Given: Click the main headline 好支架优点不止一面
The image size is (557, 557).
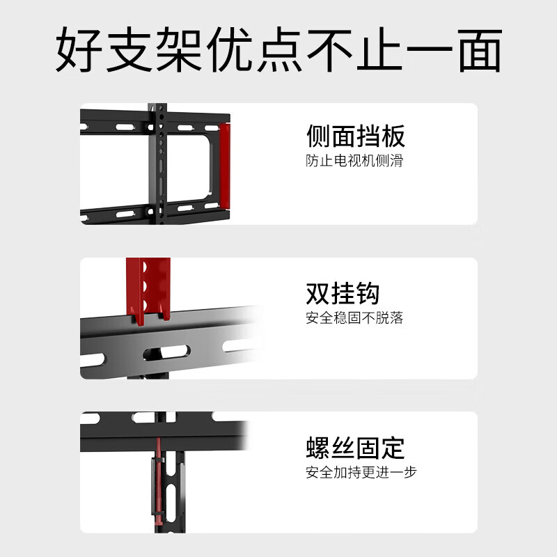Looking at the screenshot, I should pos(278,50).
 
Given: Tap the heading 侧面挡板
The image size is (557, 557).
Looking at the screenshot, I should pos(355,136).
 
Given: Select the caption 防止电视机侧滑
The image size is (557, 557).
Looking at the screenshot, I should pos(354,161).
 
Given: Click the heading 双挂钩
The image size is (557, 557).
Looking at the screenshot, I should pos(343,293).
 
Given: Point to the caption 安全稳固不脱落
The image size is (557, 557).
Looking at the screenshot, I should pos(354,318).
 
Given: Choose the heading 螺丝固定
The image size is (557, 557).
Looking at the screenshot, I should pos(355,447).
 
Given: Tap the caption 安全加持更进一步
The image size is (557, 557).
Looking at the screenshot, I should pos(361,472).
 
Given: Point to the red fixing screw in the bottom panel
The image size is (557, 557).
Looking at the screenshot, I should pos(159,480).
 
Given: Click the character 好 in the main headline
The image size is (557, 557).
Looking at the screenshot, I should pos(78,50).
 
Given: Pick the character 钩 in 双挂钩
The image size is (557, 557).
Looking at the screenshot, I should pos(368,293).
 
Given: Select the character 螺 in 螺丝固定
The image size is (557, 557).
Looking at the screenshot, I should pos(318,447).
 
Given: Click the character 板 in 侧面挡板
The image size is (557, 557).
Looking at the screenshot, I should pos(393,136).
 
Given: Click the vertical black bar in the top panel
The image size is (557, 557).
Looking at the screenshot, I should pos(159,164).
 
